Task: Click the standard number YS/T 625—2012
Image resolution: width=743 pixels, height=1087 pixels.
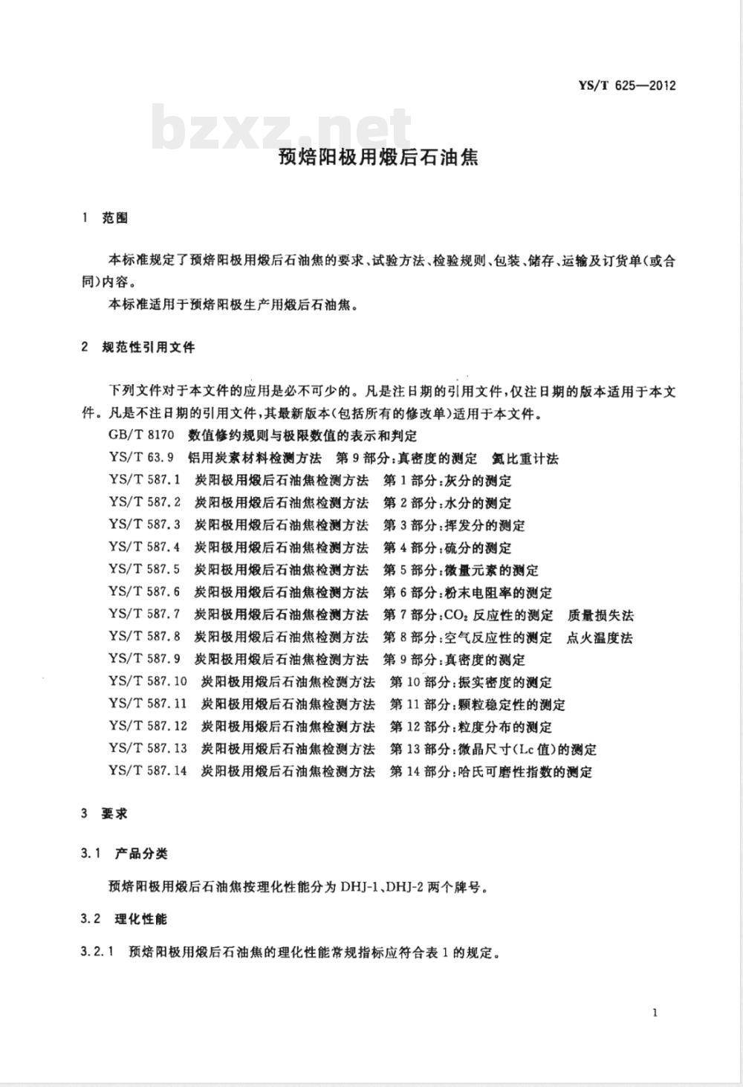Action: click(x=626, y=85)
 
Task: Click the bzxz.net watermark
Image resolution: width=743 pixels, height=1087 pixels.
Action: click(x=282, y=128)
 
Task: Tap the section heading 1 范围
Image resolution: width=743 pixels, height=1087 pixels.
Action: click(x=105, y=218)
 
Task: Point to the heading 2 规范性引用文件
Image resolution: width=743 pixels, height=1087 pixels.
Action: click(x=138, y=347)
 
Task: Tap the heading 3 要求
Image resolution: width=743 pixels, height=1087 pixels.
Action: click(x=105, y=814)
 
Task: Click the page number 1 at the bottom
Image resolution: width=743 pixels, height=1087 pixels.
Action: click(x=654, y=1012)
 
